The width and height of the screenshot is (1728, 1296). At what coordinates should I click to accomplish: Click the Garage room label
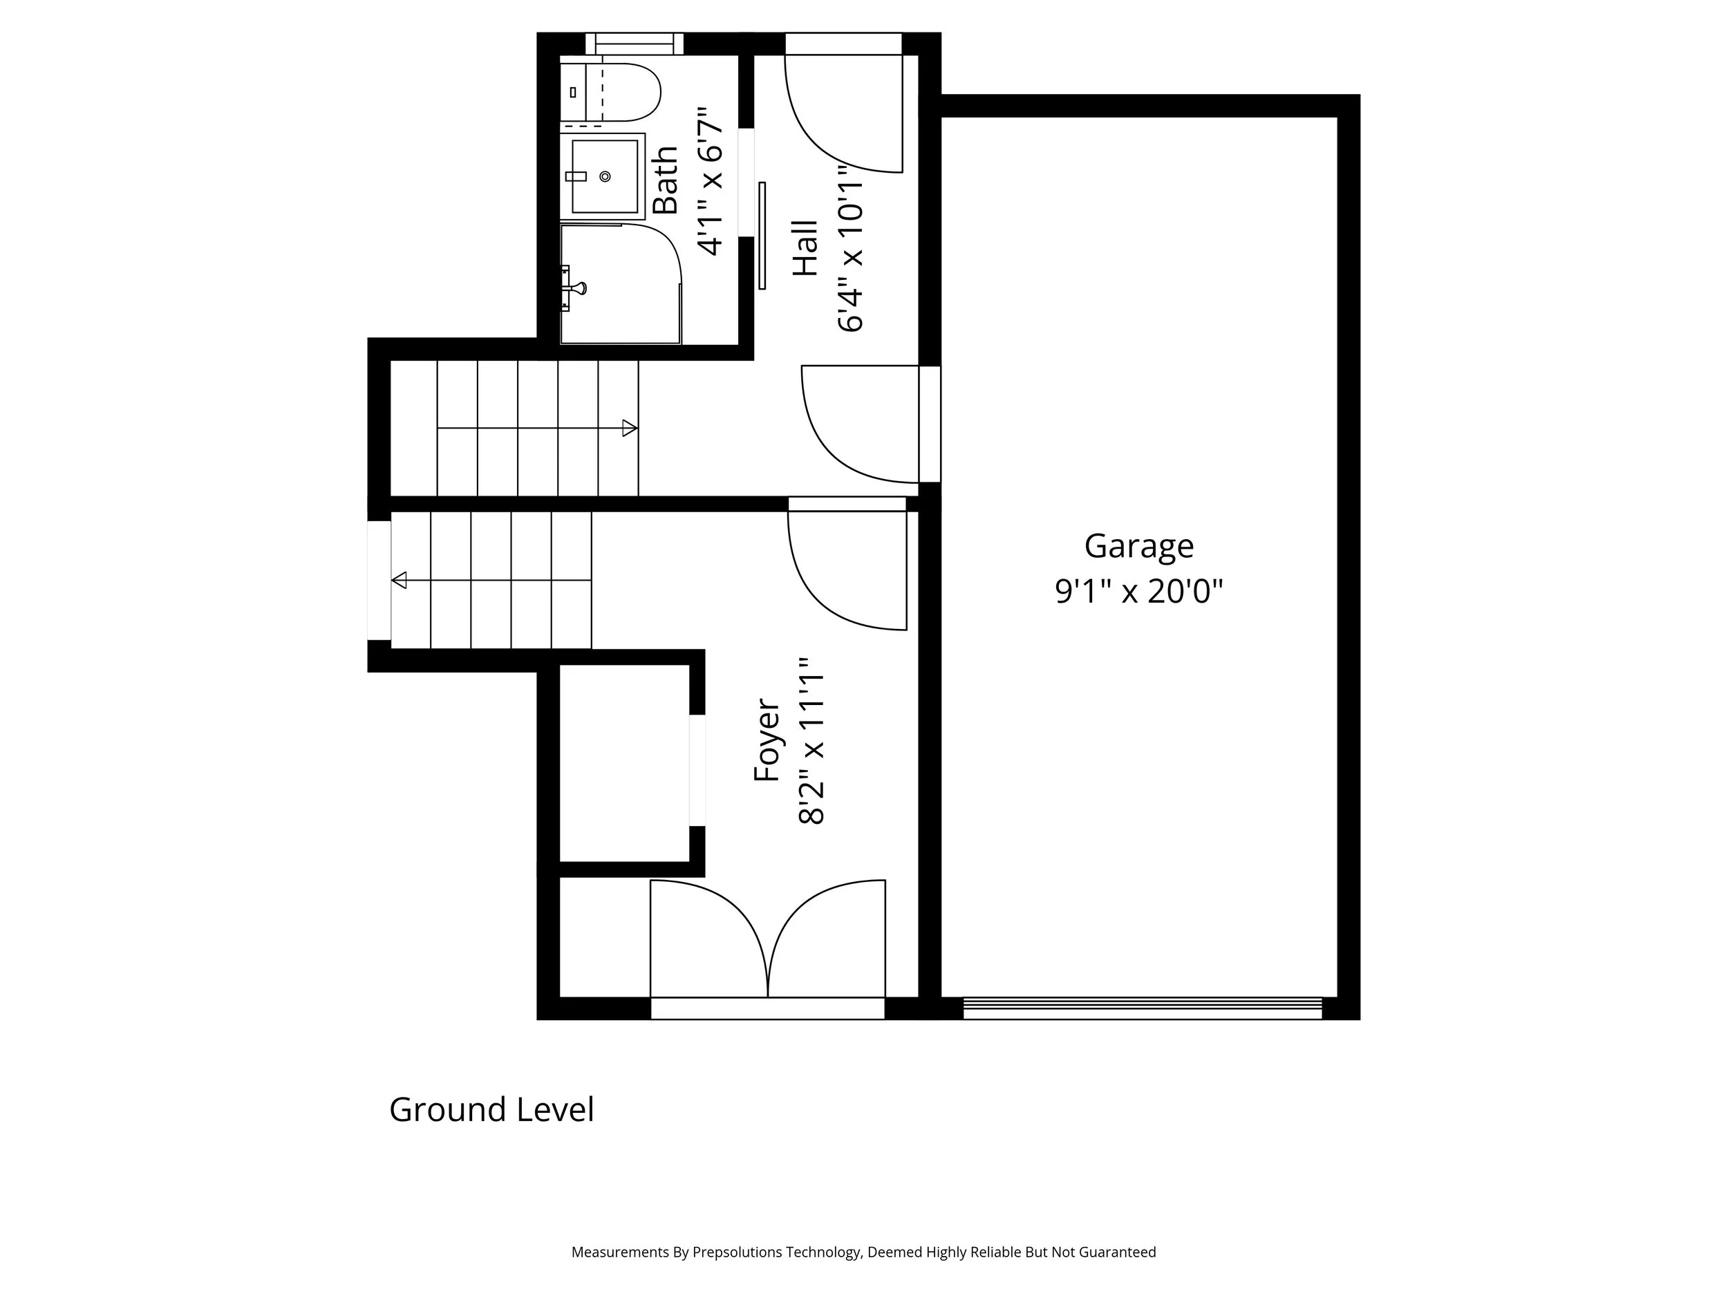pyautogui.click(x=1138, y=546)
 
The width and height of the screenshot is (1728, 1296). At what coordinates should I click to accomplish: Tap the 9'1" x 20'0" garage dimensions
pyautogui.click(x=1138, y=592)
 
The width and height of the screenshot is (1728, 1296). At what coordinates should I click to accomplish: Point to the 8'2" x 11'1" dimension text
pyautogui.click(x=812, y=739)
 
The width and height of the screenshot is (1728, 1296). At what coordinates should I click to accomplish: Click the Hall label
pyautogui.click(x=805, y=247)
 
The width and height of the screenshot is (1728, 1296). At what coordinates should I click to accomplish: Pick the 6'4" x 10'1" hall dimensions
pyautogui.click(x=851, y=247)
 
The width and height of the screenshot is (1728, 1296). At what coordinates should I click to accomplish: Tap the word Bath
pyautogui.click(x=666, y=180)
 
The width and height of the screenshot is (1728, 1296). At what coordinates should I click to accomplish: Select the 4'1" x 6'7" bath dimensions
pyautogui.click(x=711, y=180)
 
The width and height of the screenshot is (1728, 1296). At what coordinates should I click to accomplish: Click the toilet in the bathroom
pyautogui.click(x=617, y=92)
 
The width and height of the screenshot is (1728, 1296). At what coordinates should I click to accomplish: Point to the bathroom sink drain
pyautogui.click(x=605, y=176)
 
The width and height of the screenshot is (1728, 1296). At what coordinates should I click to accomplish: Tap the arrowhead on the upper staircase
pyautogui.click(x=630, y=428)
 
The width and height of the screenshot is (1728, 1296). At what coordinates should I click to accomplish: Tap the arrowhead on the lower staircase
pyautogui.click(x=400, y=581)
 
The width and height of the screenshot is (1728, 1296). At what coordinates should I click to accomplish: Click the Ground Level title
pyautogui.click(x=491, y=1109)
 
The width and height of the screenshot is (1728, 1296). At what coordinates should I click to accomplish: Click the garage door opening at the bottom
pyautogui.click(x=1141, y=1008)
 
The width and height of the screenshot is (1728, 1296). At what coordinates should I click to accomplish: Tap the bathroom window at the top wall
pyautogui.click(x=635, y=44)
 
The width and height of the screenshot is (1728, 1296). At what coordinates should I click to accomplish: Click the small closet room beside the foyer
pyautogui.click(x=624, y=763)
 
